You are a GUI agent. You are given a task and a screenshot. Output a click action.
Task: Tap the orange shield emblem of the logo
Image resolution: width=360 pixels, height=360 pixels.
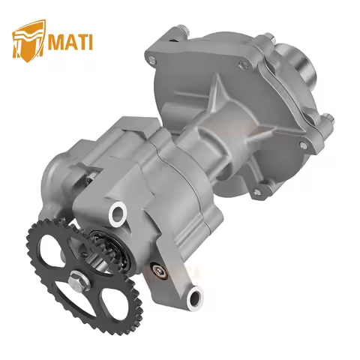[x=25, y=41]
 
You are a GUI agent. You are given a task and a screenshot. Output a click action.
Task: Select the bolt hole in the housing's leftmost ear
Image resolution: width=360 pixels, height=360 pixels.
[x=153, y=59]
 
